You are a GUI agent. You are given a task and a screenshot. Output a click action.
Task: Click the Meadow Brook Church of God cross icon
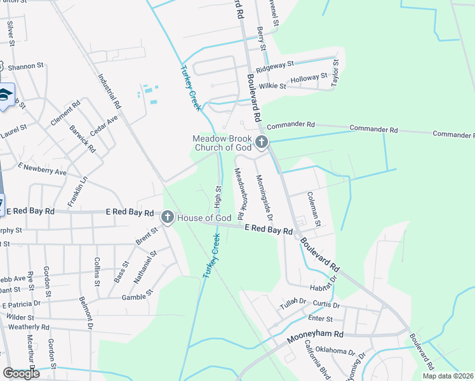click(261, 142)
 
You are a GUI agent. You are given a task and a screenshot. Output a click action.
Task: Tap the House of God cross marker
click(168, 218)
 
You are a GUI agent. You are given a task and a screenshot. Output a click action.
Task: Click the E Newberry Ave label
click(43, 169)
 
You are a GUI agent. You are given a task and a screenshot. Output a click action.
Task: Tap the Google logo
click(21, 373)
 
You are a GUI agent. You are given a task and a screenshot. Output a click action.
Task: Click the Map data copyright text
click(447, 376)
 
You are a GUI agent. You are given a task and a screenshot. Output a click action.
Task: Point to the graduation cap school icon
click(6, 95)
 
